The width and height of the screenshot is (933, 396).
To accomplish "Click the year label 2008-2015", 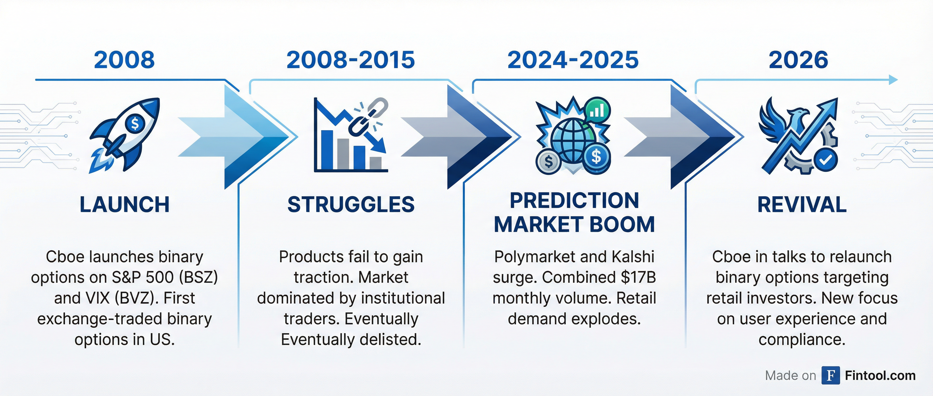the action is (350, 60).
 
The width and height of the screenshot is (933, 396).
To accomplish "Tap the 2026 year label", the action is (798, 60).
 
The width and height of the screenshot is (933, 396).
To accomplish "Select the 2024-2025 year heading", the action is (573, 60).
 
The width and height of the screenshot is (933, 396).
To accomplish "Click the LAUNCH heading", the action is (125, 204).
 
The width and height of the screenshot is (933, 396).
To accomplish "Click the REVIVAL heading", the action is (802, 204).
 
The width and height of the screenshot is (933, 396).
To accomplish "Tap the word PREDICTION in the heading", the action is (574, 200).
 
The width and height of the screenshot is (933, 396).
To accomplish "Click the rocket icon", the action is (125, 135).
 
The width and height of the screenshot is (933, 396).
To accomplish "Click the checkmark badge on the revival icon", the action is (826, 160).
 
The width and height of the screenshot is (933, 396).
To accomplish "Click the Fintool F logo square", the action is (831, 375).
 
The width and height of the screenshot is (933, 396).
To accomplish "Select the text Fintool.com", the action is (880, 375).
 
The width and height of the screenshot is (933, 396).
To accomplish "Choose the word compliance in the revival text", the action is (802, 340).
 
